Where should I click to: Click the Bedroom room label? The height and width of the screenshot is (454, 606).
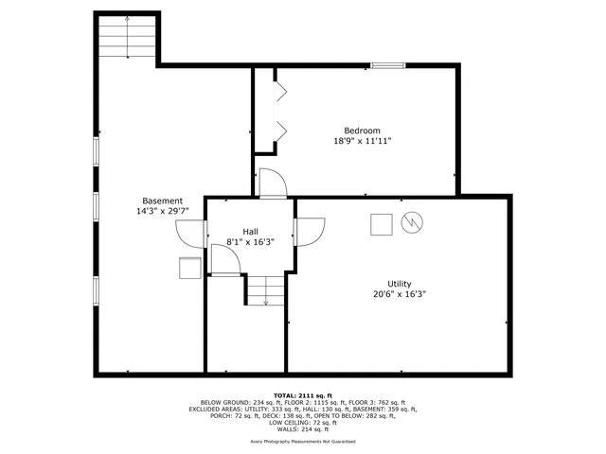point(362,131)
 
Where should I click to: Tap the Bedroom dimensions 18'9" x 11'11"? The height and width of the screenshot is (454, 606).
point(362,141)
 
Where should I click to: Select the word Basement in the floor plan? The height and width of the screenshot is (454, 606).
point(162,201)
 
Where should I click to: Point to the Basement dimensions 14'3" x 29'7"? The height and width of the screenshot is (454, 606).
point(162,211)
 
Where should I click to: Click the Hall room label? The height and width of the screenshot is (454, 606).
point(250,232)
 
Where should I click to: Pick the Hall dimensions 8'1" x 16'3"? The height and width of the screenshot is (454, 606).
point(250,242)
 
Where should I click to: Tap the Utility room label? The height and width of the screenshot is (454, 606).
point(399,284)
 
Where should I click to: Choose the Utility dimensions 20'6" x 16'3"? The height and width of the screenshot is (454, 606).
point(399,294)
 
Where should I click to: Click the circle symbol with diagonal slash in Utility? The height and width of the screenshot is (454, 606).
point(412,223)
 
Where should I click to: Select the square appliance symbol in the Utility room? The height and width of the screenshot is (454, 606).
point(381,224)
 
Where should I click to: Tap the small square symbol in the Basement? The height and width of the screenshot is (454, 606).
point(188,269)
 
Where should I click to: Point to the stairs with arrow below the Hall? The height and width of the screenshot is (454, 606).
point(266,290)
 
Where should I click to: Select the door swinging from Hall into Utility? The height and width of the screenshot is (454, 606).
point(310,231)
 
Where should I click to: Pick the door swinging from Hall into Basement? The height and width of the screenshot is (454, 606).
point(193,233)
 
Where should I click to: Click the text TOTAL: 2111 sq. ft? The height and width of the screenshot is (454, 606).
point(303,394)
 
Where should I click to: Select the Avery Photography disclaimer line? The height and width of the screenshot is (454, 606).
point(303,442)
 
